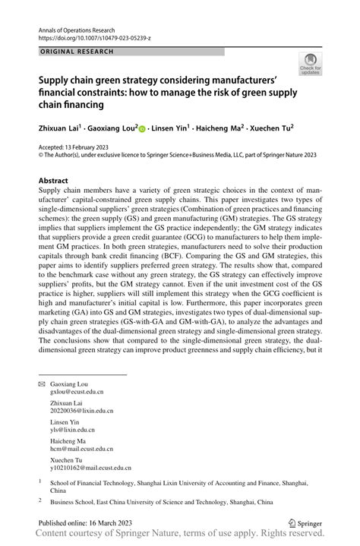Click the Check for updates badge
pyautogui.click(x=310, y=65)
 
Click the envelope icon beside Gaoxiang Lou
pyautogui.click(x=42, y=384)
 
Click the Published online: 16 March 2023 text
pyautogui.click(x=87, y=523)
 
